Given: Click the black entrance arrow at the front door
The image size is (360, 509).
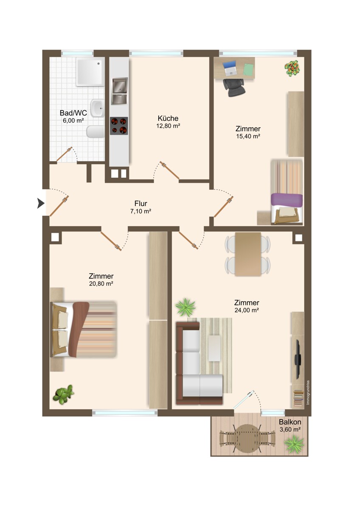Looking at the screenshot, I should pos(41,204).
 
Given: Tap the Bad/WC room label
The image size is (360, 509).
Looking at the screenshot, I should pos(73,113).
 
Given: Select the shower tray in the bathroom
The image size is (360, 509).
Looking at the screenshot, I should pos(90,72).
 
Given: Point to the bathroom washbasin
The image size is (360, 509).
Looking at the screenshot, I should pos(97,109).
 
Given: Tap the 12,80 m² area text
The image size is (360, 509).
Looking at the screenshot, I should pos(168,126).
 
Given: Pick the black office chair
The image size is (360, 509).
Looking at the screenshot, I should pos(234,87).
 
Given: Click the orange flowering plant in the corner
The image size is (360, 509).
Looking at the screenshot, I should pos(292,68).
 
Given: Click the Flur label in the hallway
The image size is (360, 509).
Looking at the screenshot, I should pos(141,204).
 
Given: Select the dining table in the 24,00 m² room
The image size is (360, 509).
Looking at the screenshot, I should pos(247,253).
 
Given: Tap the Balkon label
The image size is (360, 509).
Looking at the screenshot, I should pos(290,422).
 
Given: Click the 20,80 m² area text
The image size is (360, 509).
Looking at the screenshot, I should pos(101,284).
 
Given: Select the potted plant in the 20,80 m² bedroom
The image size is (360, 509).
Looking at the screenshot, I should pos(63,394).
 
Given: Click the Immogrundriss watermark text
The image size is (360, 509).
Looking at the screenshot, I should pos(308,392).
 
